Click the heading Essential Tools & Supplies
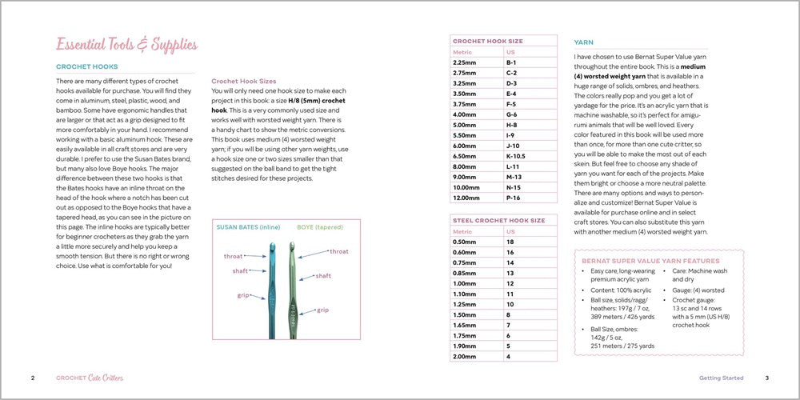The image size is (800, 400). pos(126,44)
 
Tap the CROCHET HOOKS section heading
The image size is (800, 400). pos(87,67)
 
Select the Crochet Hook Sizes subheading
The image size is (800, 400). pos(244,81)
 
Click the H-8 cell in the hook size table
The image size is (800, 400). pos(512,125)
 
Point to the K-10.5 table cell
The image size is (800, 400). pos(516,156)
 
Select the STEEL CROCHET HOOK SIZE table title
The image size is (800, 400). pos(498,220)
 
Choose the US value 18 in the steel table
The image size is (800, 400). pos(510,241)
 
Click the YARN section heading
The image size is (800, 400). pos(584,42)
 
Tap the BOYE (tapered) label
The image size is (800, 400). pos(320,227)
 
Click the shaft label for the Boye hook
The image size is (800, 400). pos(323,275)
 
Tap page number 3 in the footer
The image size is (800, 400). pos(766,378)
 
